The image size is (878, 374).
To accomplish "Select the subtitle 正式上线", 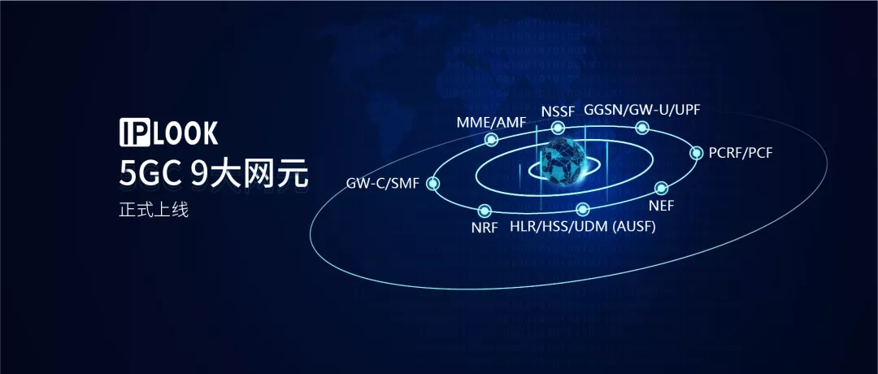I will [x=153, y=210].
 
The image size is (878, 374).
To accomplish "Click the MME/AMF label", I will [x=490, y=123].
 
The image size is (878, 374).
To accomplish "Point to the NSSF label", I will [x=558, y=111].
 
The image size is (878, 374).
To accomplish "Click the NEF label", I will [x=661, y=206].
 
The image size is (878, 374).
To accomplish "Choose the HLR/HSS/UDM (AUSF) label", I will [x=582, y=227].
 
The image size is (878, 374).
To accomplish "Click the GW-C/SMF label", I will [x=382, y=184].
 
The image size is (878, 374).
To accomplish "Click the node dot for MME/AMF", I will [x=491, y=140].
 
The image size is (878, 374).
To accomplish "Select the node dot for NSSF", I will [x=558, y=128].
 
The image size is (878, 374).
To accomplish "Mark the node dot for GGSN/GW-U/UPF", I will [x=642, y=127].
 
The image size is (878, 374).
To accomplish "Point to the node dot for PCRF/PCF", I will [x=696, y=152].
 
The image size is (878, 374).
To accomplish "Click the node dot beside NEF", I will [x=661, y=189].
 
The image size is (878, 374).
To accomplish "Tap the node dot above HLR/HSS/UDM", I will [x=582, y=210].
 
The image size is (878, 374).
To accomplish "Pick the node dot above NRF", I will [x=485, y=211].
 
